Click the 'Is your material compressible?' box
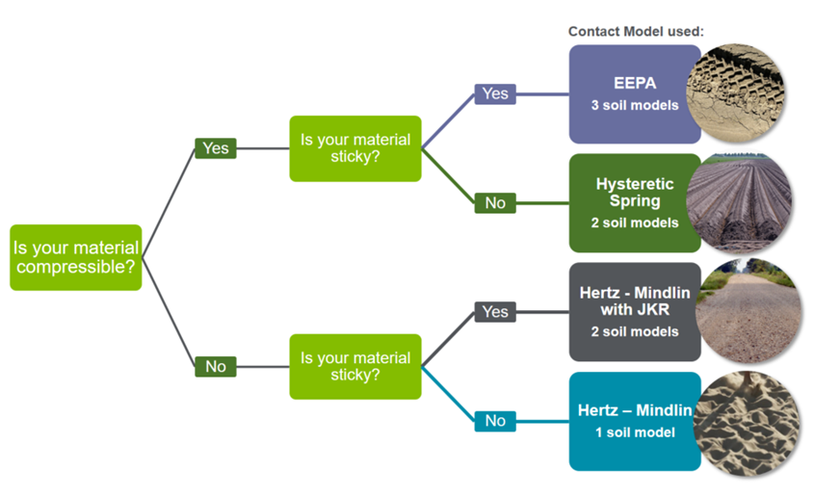pos(76,257)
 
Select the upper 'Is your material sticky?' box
pos(355,148)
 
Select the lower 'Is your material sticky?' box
pos(355,366)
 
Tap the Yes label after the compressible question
pos(216,148)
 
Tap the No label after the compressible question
pos(216,366)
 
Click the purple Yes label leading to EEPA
pos(495,93)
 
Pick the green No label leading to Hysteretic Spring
pos(495,202)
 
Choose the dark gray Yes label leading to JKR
pos(495,312)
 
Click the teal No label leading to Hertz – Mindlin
pos(495,421)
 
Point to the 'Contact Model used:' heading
pos(636,32)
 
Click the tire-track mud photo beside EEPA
pos(740,93)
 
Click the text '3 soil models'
pos(634,105)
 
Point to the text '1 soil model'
pos(634,432)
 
